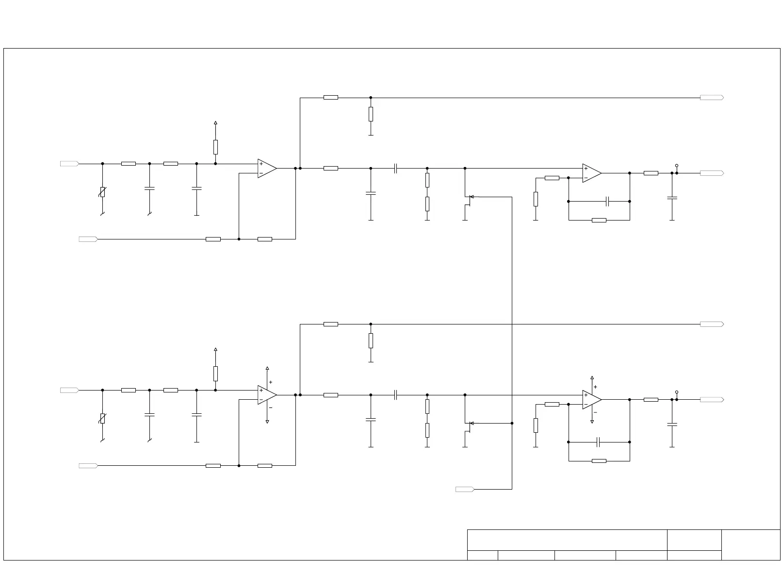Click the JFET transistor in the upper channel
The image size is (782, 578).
click(x=467, y=197)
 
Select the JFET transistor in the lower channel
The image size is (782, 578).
click(x=467, y=423)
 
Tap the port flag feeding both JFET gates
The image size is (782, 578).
click(x=465, y=489)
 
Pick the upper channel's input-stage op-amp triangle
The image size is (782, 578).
click(x=266, y=168)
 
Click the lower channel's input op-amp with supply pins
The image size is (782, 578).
click(x=266, y=395)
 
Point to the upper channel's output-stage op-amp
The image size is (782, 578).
click(x=591, y=173)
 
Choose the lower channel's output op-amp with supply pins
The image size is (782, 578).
click(x=591, y=399)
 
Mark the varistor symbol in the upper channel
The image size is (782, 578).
click(x=102, y=192)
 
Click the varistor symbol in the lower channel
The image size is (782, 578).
click(x=102, y=418)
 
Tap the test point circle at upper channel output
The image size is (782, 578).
click(x=677, y=166)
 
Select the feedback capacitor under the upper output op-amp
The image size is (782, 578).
click(x=607, y=201)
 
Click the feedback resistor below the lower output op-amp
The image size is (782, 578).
click(x=599, y=460)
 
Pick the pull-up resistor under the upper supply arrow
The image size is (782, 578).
click(x=215, y=147)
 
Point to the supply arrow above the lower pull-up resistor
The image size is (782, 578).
click(x=215, y=349)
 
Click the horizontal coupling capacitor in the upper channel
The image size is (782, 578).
click(x=396, y=168)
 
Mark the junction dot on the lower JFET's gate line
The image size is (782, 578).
click(x=512, y=423)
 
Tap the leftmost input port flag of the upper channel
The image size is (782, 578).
click(x=69, y=164)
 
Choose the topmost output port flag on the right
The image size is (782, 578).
click(x=712, y=98)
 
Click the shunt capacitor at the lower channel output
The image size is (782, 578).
click(x=672, y=425)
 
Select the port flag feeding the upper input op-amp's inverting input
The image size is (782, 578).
click(x=88, y=239)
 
